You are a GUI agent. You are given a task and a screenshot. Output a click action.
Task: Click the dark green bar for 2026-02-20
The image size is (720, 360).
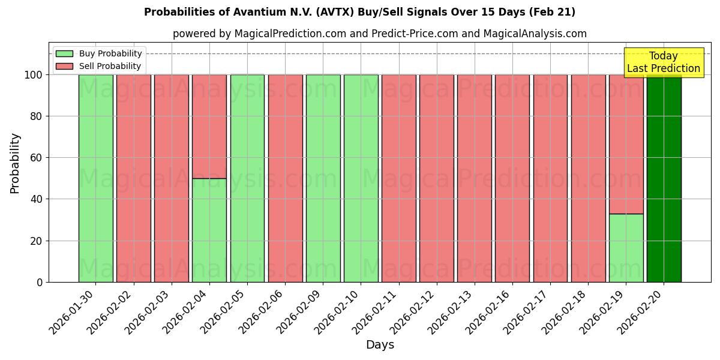click(x=664, y=178)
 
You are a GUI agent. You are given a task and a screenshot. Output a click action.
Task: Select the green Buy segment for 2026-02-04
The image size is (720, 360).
click(x=209, y=230)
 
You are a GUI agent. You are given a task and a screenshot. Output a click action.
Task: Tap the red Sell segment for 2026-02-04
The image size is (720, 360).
click(x=209, y=126)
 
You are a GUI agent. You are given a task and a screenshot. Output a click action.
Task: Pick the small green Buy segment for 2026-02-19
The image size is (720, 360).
click(x=626, y=248)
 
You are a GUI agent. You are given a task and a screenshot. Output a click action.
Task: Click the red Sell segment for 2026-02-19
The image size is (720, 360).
click(x=626, y=144)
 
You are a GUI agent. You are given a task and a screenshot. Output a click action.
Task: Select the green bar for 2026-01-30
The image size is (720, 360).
click(x=95, y=178)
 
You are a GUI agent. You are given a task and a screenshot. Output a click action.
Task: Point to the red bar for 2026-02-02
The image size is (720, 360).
click(x=133, y=178)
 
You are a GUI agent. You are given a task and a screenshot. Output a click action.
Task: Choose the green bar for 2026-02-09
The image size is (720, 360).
click(x=323, y=178)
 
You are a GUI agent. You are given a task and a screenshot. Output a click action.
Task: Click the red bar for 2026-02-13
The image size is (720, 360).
click(x=474, y=178)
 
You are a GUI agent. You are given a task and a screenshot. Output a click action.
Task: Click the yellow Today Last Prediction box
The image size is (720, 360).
click(x=663, y=62)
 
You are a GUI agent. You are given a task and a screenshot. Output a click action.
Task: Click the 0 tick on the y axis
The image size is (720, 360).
click(x=40, y=282)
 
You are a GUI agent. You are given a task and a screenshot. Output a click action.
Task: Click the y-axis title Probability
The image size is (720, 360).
click(x=15, y=163)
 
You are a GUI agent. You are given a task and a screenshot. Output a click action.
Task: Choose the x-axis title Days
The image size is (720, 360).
click(x=380, y=345)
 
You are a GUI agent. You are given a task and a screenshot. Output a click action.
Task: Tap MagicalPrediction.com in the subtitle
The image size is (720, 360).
click(x=289, y=34)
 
